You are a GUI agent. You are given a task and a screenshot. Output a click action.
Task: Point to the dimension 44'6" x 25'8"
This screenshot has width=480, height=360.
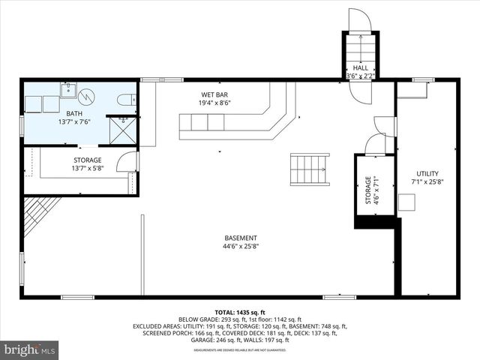pyautogui.click(x=240, y=246)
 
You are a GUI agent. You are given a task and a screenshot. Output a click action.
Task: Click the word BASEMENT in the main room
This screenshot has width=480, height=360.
pyautogui.click(x=240, y=238)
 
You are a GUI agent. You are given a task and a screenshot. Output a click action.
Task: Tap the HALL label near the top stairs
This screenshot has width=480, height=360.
pyautogui.click(x=361, y=67)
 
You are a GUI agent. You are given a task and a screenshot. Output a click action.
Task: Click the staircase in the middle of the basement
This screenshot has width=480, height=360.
pyautogui.click(x=310, y=169)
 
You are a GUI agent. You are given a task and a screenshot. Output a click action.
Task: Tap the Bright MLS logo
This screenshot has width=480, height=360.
pyautogui.click(x=30, y=349)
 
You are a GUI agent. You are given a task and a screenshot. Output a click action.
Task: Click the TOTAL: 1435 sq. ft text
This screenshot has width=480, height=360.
pyautogui.click(x=240, y=311)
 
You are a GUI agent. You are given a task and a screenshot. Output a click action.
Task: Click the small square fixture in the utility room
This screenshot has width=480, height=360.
pyautogui.click(x=406, y=202)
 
